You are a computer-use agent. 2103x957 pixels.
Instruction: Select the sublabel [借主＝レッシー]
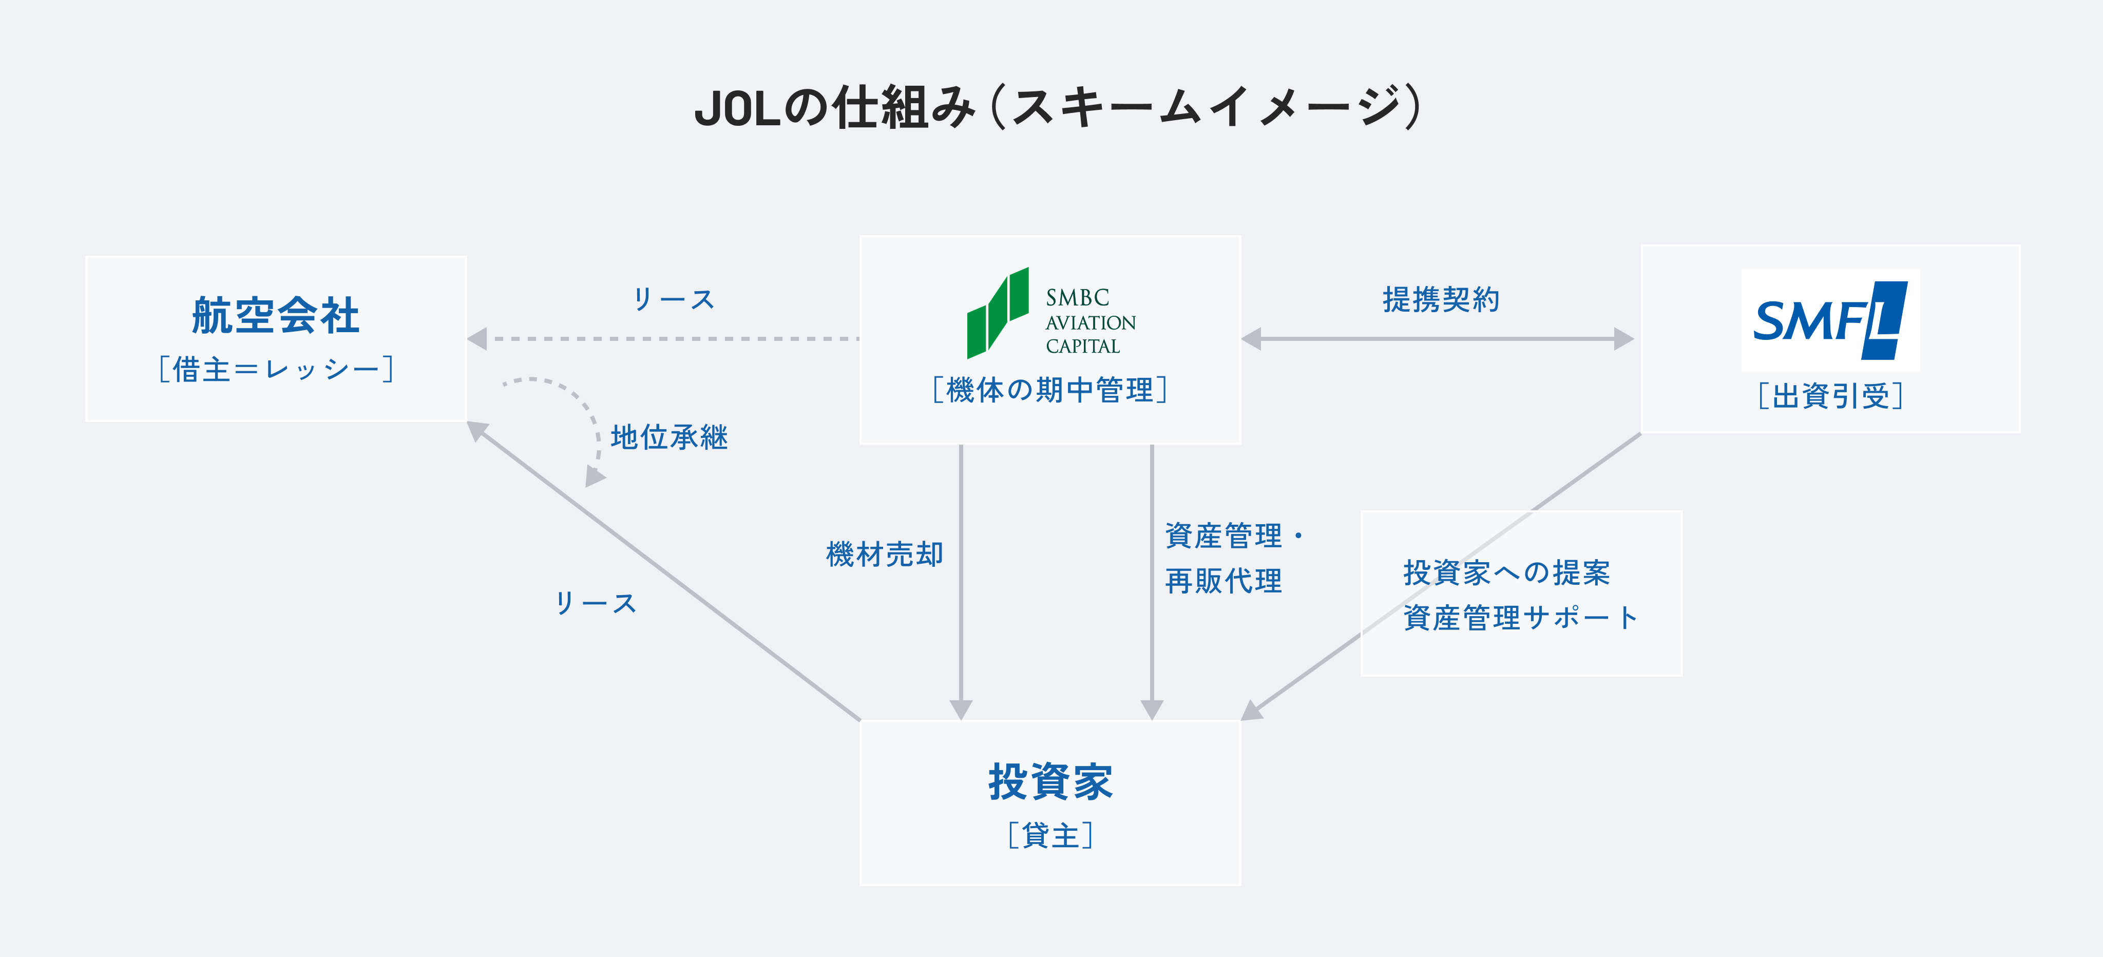pyautogui.click(x=276, y=369)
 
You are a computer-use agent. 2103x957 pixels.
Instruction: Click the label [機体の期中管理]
pyautogui.click(x=1050, y=390)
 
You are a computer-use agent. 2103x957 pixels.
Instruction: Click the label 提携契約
pyautogui.click(x=1440, y=300)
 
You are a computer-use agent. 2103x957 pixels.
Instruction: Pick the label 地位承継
pyautogui.click(x=668, y=437)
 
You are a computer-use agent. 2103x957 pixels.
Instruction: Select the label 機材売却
pyautogui.click(x=884, y=554)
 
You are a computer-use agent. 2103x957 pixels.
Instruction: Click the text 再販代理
pyautogui.click(x=1223, y=581)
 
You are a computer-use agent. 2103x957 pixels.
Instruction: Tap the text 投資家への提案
pyautogui.click(x=1506, y=572)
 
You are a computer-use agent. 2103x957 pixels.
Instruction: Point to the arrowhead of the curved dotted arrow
pyautogui.click(x=594, y=477)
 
